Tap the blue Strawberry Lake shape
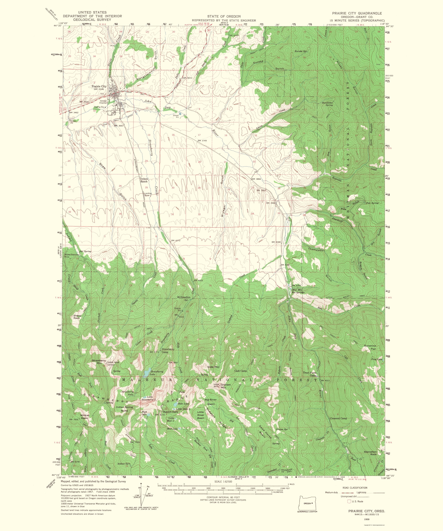[x=146, y=372]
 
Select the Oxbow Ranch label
[x=144, y=180]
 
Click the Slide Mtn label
[x=213, y=367]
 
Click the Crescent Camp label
[x=338, y=418]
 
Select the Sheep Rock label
[x=77, y=317]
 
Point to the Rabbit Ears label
[x=171, y=412]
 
